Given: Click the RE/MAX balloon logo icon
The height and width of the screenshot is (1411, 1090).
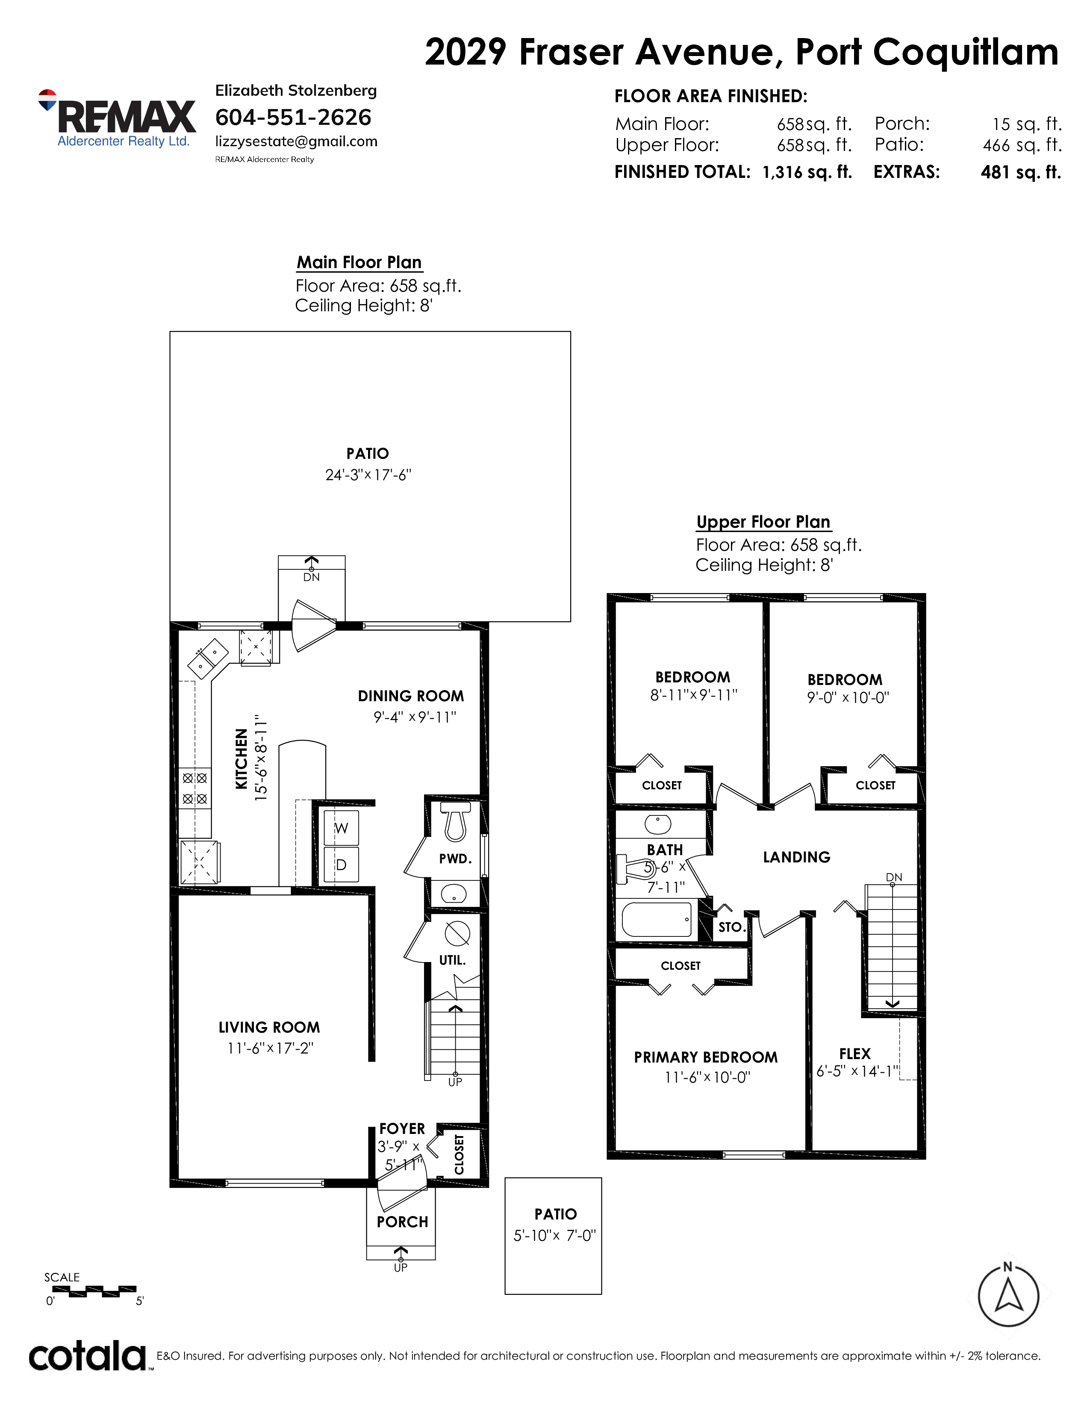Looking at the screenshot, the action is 47,100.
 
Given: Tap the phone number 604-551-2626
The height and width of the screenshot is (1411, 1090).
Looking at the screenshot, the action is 293,118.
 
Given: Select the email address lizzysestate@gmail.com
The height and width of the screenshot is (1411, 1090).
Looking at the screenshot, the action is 296,142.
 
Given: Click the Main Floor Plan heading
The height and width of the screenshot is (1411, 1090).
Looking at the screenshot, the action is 359,262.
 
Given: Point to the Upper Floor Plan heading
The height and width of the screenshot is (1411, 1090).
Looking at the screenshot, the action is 763,522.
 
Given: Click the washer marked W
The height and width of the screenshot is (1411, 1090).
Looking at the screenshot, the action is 341,828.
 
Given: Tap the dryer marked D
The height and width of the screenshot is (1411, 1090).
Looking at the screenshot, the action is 341,865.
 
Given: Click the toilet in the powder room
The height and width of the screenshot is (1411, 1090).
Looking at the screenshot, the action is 456,821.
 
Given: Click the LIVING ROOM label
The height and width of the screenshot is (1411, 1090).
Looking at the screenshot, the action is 269,1027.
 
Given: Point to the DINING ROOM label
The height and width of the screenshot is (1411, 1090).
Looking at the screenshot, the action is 411,696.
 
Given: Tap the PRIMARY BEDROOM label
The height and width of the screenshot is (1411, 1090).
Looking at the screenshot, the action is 706,1057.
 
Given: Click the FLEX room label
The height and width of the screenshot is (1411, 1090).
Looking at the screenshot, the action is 855,1054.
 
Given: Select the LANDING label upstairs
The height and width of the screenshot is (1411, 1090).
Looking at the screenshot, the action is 797,857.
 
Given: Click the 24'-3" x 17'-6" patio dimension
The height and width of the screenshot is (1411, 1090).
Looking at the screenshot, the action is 368,475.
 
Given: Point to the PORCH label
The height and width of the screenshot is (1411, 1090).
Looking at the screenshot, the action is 402,1222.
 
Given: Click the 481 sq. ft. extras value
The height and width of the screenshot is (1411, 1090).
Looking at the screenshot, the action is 1021,172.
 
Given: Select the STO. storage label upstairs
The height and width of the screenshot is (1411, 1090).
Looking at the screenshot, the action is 732,927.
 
